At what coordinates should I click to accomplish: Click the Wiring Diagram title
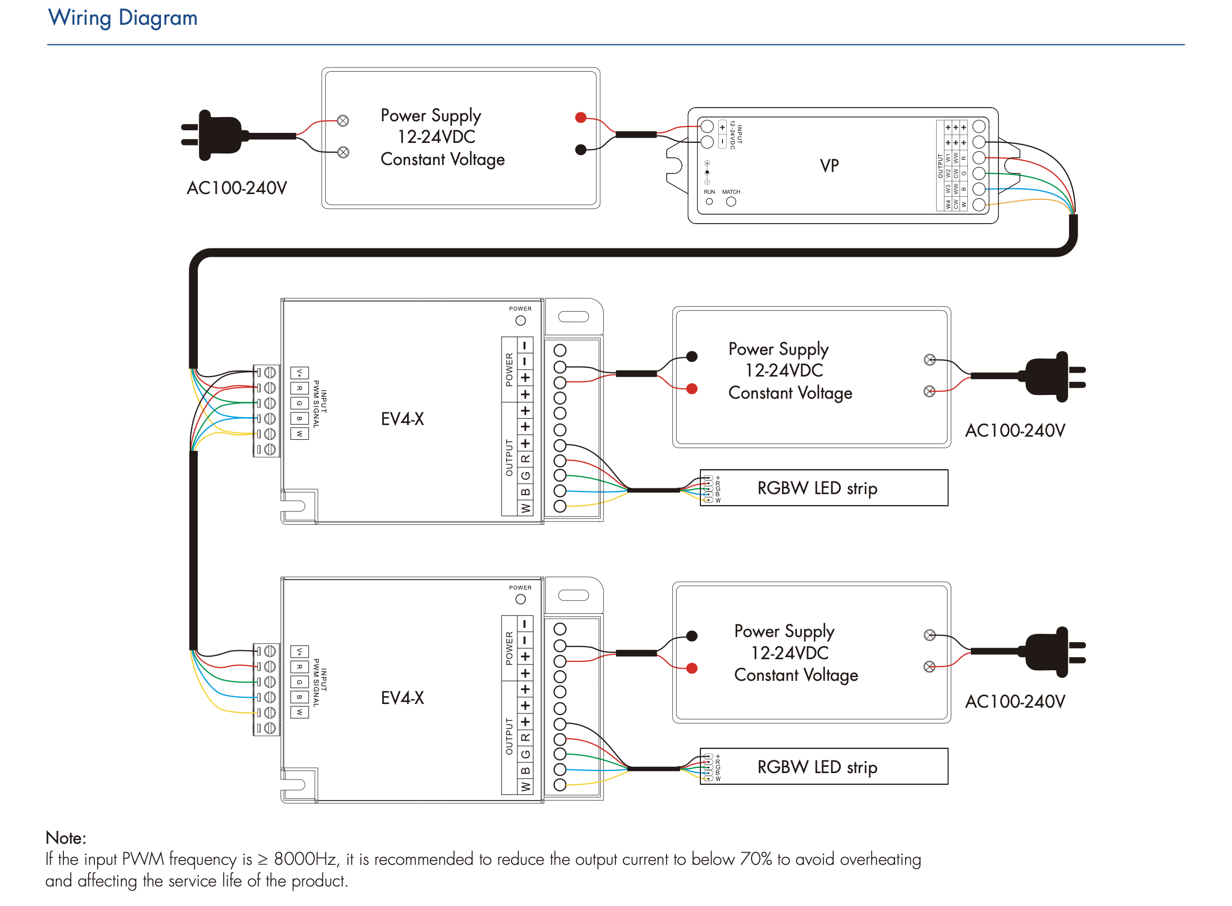(x=122, y=17)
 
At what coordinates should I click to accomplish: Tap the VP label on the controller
(x=829, y=165)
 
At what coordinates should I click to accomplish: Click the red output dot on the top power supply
(x=580, y=118)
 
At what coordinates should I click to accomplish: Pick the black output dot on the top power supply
(x=580, y=149)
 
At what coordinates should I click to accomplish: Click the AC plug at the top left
(x=219, y=135)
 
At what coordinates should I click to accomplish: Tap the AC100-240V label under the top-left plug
(x=236, y=188)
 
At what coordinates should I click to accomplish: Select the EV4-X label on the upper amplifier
(x=402, y=419)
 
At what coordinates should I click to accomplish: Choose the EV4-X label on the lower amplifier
(x=402, y=698)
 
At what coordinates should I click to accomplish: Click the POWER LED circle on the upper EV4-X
(x=520, y=320)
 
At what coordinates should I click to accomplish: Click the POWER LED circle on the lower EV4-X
(x=520, y=599)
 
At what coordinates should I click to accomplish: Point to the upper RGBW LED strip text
(x=817, y=488)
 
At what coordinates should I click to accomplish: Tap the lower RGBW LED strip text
(x=817, y=766)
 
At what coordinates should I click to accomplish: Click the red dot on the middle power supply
(x=692, y=389)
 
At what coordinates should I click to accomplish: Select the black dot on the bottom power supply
(x=692, y=635)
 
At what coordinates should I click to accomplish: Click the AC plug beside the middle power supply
(x=1048, y=376)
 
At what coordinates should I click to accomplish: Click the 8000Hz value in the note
(x=305, y=859)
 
